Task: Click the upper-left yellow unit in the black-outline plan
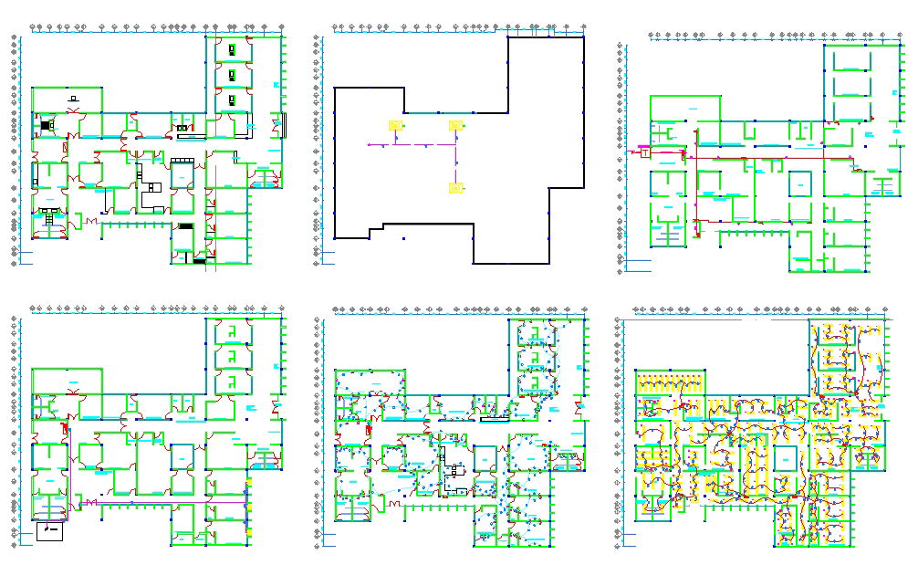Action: [395, 126]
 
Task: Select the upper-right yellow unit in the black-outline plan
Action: [455, 126]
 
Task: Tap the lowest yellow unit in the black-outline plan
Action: [454, 188]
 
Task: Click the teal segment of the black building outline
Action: [436, 113]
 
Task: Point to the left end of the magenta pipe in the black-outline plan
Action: [368, 144]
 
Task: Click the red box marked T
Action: [644, 152]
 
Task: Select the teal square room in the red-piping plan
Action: [800, 185]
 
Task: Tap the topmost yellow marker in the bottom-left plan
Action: [249, 480]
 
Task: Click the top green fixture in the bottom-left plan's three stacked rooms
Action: [233, 330]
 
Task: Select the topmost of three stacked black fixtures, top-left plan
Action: [232, 48]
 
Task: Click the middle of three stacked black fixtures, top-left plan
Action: [232, 73]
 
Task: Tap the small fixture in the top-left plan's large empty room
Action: [72, 98]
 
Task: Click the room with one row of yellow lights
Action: [671, 380]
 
